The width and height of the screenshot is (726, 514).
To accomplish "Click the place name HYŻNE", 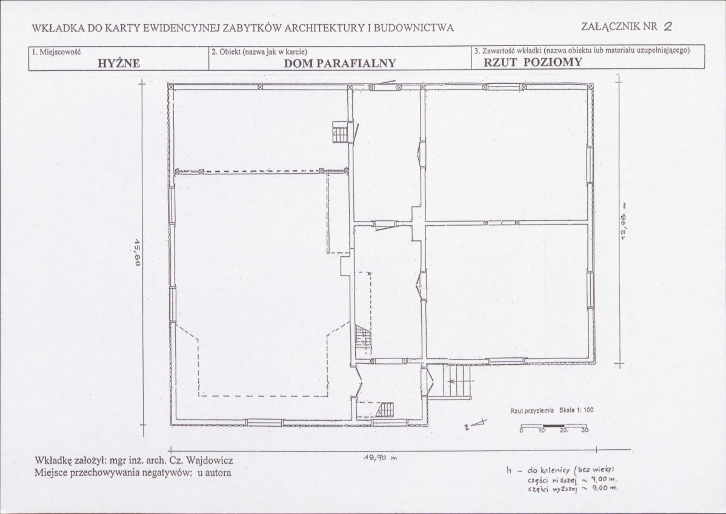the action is (x=119, y=64).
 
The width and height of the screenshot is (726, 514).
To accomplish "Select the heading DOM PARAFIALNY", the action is (x=340, y=63).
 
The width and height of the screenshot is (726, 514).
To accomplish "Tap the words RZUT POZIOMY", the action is (x=533, y=62).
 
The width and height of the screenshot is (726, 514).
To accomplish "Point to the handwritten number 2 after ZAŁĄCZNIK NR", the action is (x=668, y=27).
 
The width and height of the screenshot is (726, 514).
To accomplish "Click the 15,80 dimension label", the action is (x=137, y=252).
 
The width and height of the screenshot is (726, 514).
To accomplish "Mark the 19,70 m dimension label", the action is (x=381, y=458).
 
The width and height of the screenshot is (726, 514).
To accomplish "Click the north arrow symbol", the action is (x=476, y=423).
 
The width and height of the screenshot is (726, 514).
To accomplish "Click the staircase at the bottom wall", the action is (x=385, y=410).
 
